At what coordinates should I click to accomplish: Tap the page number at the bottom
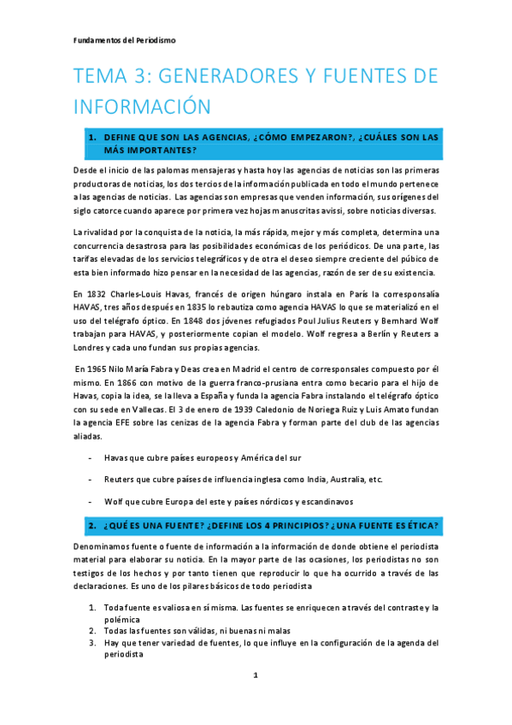point(256,676)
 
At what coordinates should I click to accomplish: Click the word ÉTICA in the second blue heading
point(419,523)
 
